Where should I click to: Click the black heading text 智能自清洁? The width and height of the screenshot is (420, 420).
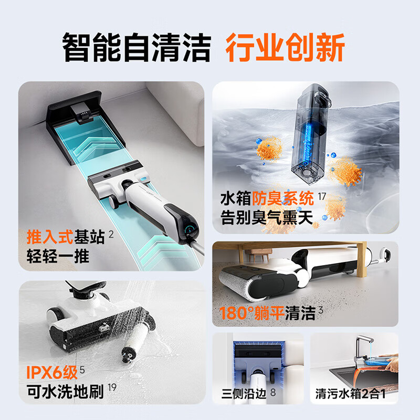pos(136,48)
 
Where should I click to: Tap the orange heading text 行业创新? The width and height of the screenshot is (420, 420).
pos(285,48)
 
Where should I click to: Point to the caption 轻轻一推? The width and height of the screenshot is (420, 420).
pos(58,257)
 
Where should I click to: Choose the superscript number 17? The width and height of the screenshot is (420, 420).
pos(322,195)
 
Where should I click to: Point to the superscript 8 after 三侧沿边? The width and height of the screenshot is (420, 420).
pos(273,391)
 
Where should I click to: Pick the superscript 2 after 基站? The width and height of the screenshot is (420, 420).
pos(111,234)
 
